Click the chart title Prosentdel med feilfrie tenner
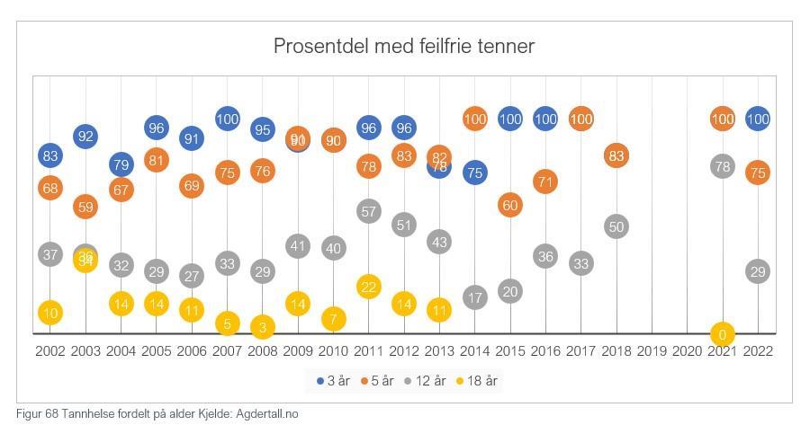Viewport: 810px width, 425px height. pyautogui.click(x=404, y=46)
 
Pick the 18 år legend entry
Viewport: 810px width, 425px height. pyautogui.click(x=477, y=381)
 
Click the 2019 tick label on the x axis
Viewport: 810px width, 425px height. pyautogui.click(x=652, y=351)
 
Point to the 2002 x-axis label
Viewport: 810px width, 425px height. pyautogui.click(x=50, y=351)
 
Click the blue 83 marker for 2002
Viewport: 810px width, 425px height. pyautogui.click(x=50, y=156)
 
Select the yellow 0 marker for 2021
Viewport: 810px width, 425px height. pyautogui.click(x=723, y=334)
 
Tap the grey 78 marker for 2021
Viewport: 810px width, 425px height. pyautogui.click(x=723, y=166)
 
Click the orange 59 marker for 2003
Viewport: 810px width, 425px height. pyautogui.click(x=85, y=207)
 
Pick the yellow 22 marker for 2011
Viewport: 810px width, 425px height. pyautogui.click(x=369, y=287)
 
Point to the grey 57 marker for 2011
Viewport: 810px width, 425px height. pyautogui.click(x=369, y=212)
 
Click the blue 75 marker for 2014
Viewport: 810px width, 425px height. pyautogui.click(x=475, y=173)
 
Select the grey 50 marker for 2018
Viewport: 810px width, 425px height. pyautogui.click(x=616, y=226)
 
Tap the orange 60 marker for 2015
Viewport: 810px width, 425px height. pyautogui.click(x=510, y=205)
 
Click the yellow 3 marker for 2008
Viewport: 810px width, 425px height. pyautogui.click(x=263, y=327)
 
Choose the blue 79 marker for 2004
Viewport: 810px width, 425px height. pyautogui.click(x=121, y=164)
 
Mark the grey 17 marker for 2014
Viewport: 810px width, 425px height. pyautogui.click(x=475, y=297)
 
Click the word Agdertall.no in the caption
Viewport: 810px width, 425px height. pyautogui.click(x=267, y=414)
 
